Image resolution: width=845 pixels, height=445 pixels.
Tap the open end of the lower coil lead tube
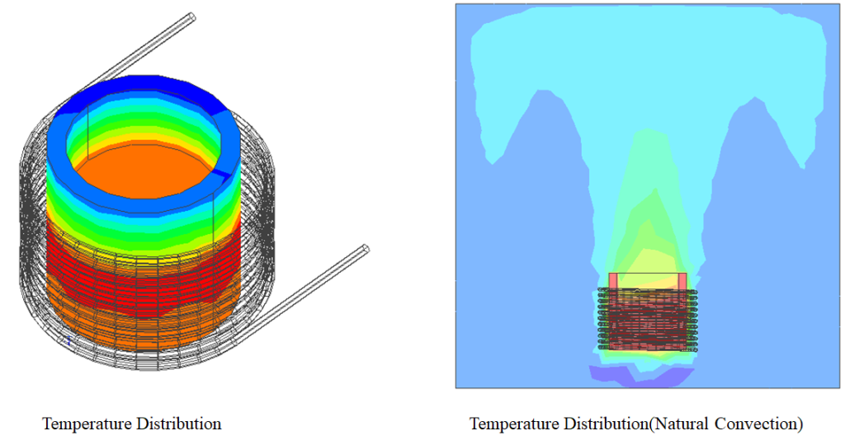pos(366,249)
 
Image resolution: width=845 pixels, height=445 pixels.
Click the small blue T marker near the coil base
pos(68,340)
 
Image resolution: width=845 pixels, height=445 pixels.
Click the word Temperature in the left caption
pos(86,424)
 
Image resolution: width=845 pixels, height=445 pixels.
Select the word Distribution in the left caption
pos(177,424)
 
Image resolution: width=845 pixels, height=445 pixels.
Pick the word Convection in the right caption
pos(757,424)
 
